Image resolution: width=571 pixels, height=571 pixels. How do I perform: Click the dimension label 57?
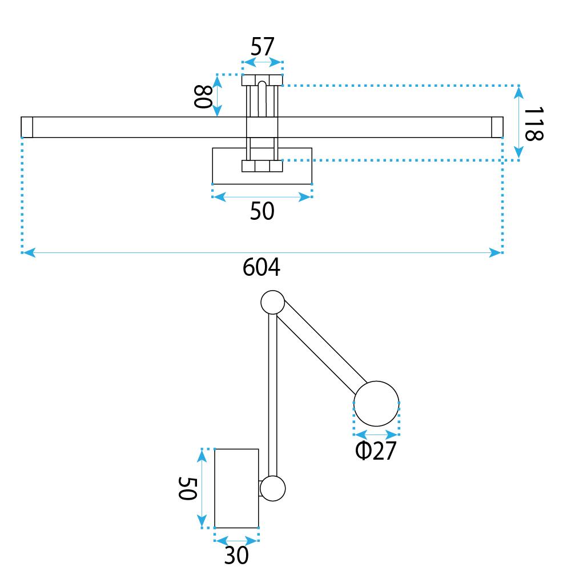coord(263,47)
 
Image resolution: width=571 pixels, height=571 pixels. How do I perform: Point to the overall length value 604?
coord(262,267)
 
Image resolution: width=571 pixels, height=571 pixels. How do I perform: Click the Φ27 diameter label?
coord(375,451)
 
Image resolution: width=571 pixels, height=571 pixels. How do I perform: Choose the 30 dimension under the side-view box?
coord(236,555)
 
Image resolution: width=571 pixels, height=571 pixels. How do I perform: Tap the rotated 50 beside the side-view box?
coord(187,488)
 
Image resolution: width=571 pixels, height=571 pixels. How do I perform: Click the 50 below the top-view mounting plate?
coord(262,212)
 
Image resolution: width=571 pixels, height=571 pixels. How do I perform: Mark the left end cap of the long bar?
coord(27,127)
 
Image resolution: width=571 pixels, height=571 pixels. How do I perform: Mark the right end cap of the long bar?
coord(497,127)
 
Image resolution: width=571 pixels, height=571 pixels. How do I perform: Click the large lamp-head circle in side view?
coord(376,403)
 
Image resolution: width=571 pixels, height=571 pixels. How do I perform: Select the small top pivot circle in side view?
coord(272,302)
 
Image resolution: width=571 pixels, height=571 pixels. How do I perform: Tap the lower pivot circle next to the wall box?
coord(273,489)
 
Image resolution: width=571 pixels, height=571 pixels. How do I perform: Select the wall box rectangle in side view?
coord(236,488)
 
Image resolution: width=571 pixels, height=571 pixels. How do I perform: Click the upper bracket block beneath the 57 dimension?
coord(262,80)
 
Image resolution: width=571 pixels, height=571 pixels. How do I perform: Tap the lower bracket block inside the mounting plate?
coord(262,166)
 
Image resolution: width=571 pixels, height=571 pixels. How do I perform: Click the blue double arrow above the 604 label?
coord(262,252)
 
